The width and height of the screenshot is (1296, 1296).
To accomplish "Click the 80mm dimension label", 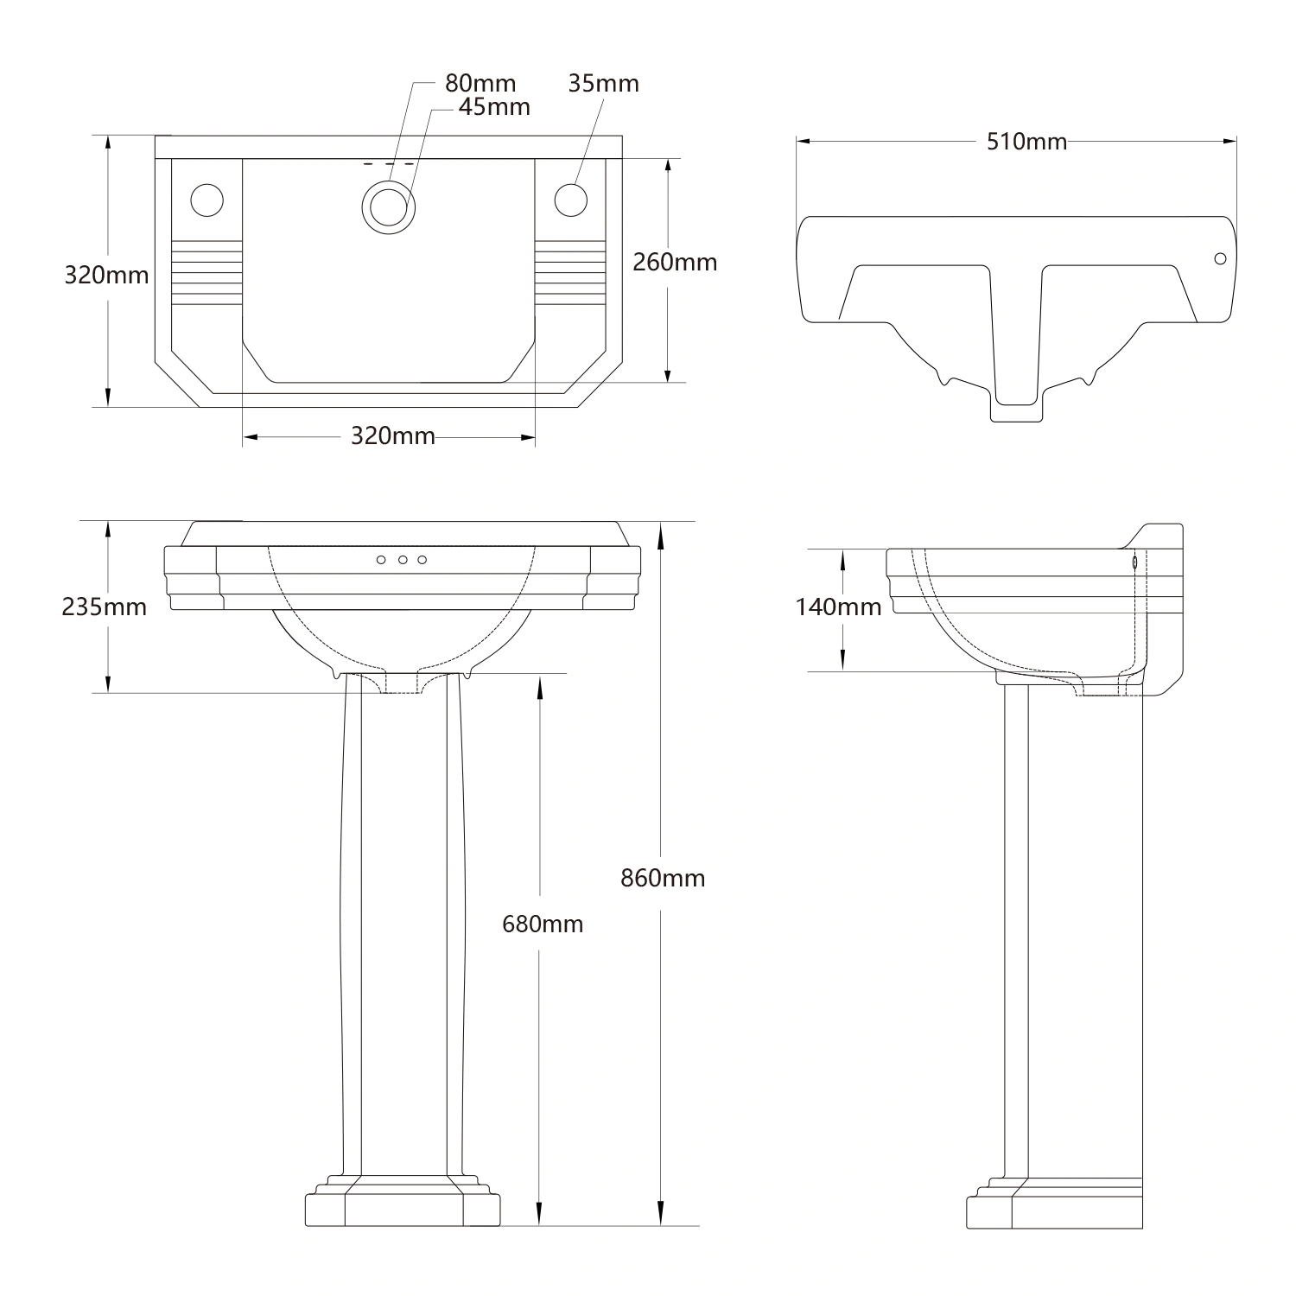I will [480, 84].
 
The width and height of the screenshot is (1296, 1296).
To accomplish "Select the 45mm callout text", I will [494, 107].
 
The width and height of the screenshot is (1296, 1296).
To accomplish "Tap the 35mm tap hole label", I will [603, 84].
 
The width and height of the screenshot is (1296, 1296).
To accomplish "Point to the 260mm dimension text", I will [675, 262].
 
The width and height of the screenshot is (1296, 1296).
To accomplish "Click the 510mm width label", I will [1026, 142].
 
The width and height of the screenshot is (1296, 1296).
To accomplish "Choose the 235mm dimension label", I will [104, 607].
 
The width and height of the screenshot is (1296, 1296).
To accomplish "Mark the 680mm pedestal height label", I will [543, 924].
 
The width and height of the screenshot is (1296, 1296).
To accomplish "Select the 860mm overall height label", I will [663, 878].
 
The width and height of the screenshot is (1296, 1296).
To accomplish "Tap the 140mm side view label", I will [838, 607].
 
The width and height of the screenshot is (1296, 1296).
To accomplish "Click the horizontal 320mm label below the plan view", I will [392, 436].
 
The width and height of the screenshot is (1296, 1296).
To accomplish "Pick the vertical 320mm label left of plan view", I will [106, 276].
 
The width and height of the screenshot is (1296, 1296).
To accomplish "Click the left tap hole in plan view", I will [206, 200].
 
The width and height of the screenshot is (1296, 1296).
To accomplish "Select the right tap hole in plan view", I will [570, 200].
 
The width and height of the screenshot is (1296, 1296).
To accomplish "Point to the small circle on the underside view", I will [1220, 258].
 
